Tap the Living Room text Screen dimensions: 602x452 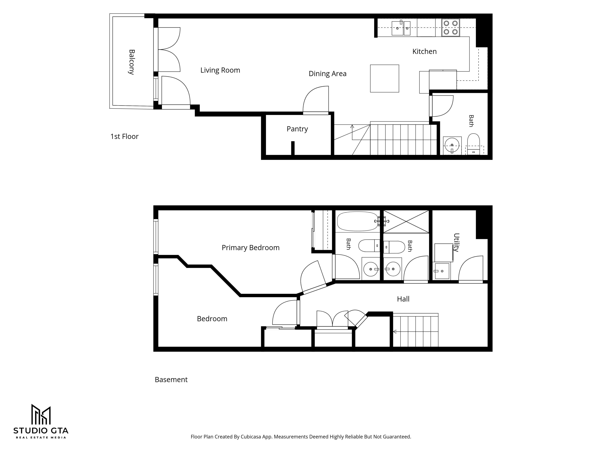tap(220, 70)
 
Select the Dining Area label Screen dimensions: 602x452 tap(327, 74)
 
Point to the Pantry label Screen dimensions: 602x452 tap(297, 129)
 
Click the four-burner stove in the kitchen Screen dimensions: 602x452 tap(450, 27)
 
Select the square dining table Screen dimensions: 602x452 tap(385, 78)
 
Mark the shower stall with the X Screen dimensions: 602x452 tap(406, 221)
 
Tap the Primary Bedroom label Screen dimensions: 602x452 tap(250, 248)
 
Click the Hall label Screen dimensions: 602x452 tap(403, 299)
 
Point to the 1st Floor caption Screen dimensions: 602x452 tap(124, 137)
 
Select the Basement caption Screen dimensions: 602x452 tap(171, 380)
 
